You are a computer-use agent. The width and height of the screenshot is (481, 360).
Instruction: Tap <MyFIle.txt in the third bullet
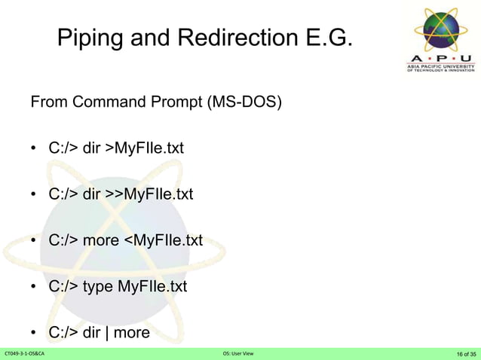(x=163, y=241)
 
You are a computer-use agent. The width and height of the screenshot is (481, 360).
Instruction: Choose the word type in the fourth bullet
(x=98, y=287)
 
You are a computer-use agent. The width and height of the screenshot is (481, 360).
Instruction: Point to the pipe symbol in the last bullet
(x=107, y=332)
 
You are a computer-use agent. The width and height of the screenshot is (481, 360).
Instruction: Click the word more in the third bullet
(x=100, y=241)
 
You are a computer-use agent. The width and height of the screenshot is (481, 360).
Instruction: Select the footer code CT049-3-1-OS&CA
(x=25, y=353)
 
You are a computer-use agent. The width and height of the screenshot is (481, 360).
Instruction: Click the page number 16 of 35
(x=466, y=353)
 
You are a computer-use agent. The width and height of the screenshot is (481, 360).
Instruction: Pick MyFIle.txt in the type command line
(x=152, y=287)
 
